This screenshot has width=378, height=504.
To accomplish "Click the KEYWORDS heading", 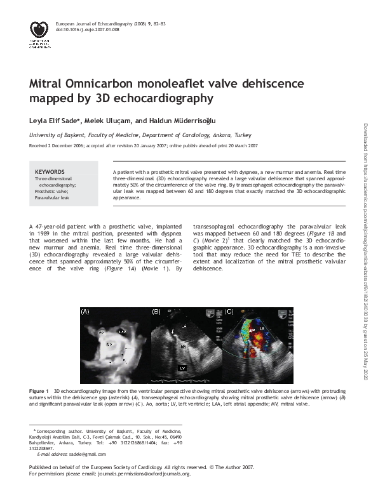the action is tap(50, 172).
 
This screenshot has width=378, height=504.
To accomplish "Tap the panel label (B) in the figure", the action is tap(156, 312).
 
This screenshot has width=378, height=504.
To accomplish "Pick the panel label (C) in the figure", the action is tap(229, 312).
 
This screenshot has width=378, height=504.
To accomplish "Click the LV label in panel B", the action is tap(182, 368).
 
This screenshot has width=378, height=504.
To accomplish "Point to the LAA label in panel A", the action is tap(123, 332).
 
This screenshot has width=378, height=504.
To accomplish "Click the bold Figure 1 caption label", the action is tap(39, 388).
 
